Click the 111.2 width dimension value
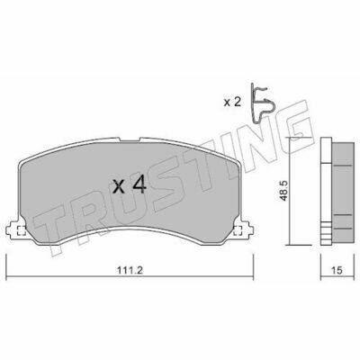point(130,270)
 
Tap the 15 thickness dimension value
point(337,270)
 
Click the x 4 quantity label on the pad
point(130,186)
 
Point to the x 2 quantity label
point(232,103)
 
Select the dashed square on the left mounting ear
point(21,230)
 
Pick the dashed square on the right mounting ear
point(238,230)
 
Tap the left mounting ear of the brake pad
point(15,230)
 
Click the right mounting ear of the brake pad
point(244,230)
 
